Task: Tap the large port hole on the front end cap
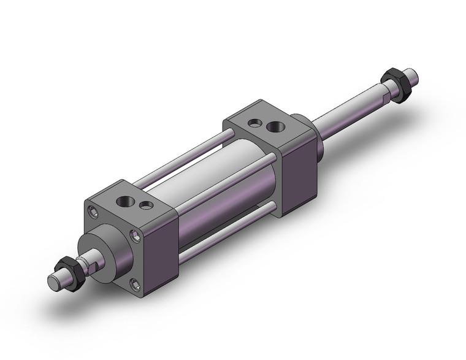point(128,202)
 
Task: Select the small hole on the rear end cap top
point(253,123)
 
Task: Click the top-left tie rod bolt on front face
point(93,213)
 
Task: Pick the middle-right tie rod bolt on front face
point(136,235)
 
